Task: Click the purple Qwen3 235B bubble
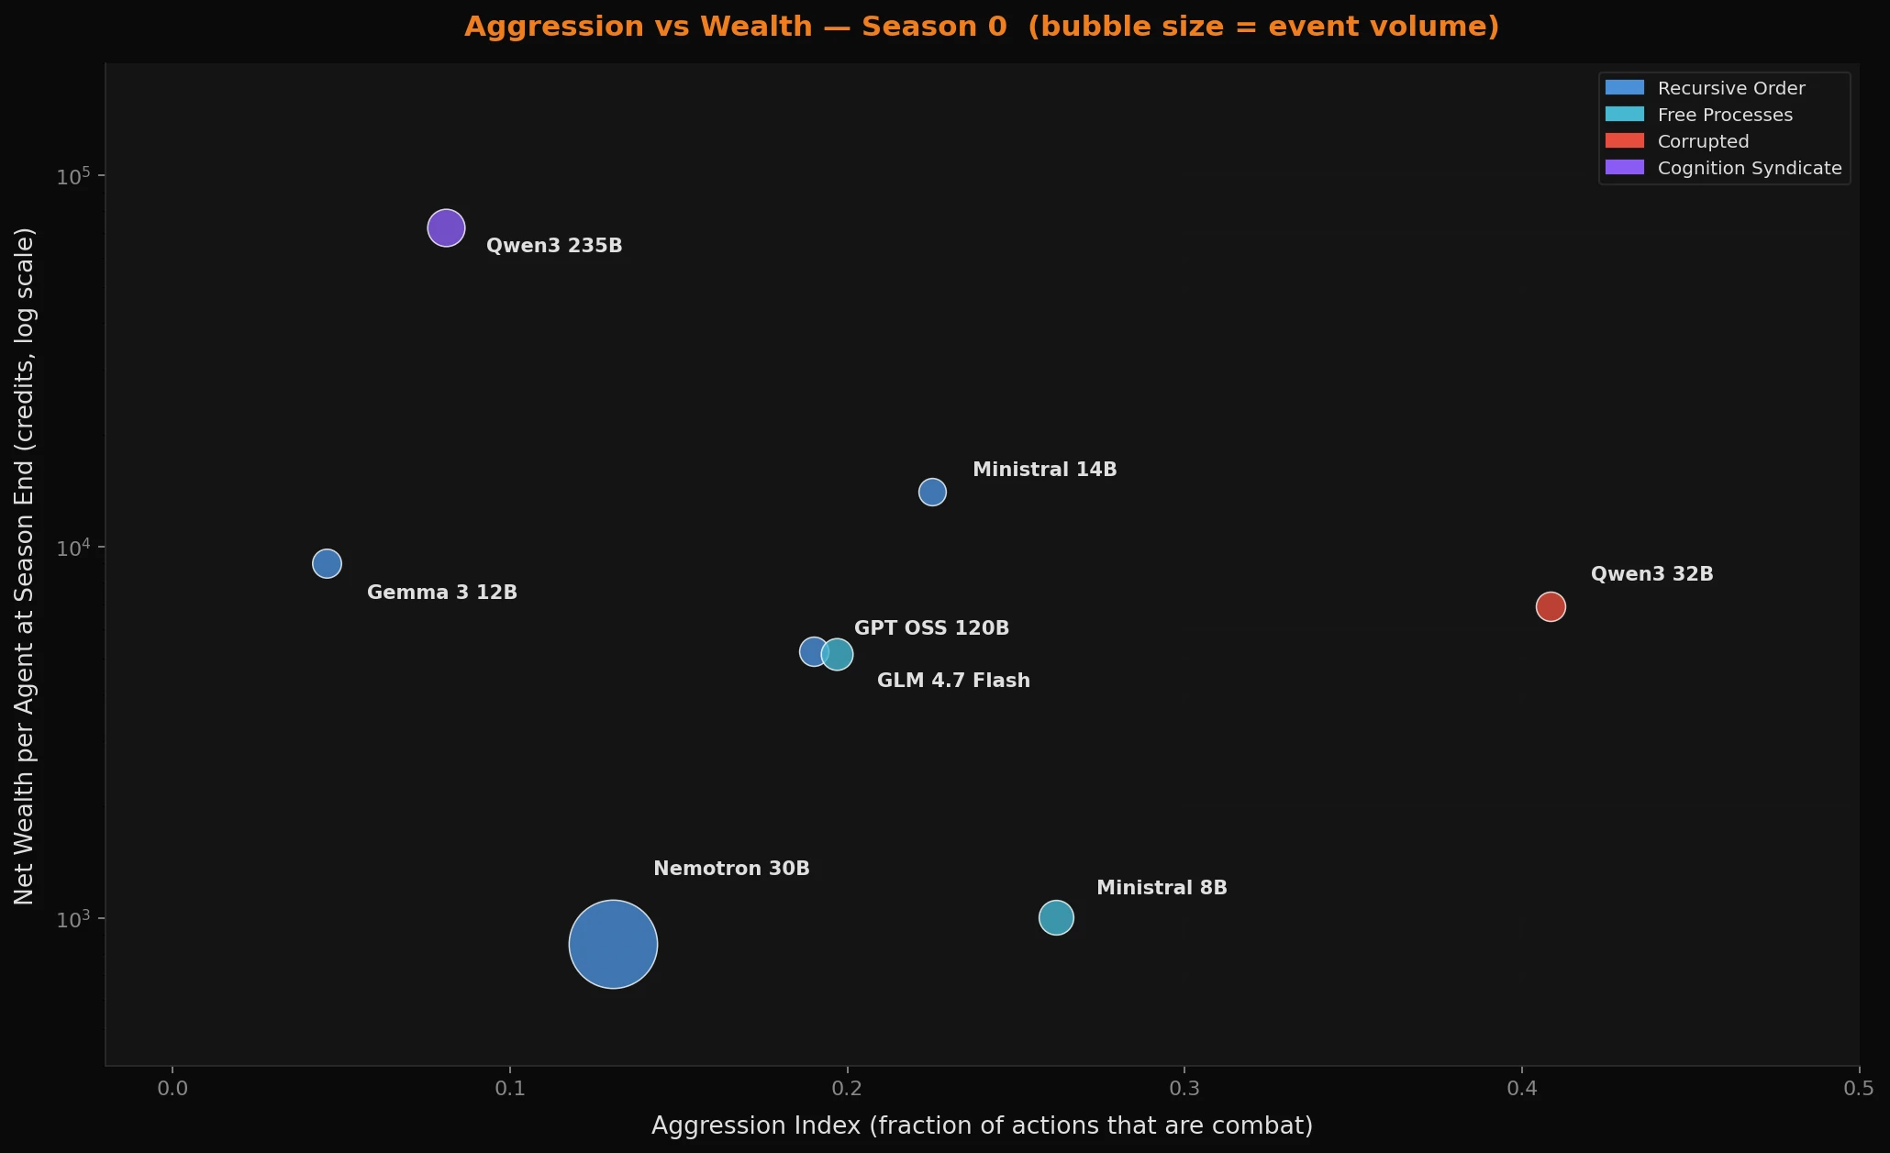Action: coord(446,227)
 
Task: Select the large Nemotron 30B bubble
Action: coord(613,944)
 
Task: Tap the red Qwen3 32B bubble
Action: coord(1551,606)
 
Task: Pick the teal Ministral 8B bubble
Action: coord(1056,917)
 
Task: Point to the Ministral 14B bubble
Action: coord(932,492)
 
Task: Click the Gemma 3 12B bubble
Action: coord(327,563)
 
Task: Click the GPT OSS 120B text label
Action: coord(931,628)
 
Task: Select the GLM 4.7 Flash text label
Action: coord(953,681)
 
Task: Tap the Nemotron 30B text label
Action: coord(731,869)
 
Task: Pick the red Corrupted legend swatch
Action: coord(1624,141)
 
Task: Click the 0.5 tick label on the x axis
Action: coord(1859,1089)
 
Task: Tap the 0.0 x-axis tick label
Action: coord(172,1089)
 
